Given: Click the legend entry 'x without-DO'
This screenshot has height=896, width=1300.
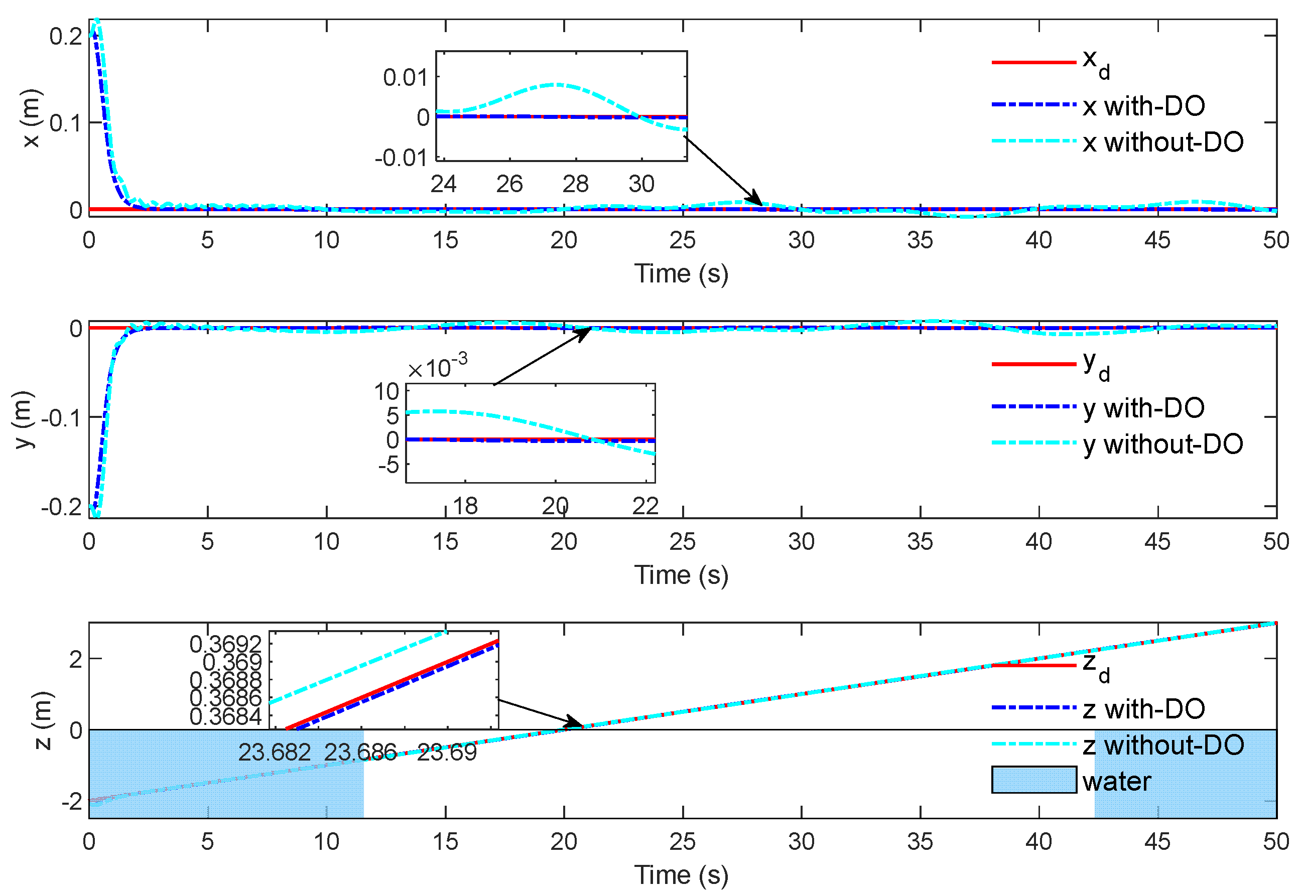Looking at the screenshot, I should [x=1162, y=142].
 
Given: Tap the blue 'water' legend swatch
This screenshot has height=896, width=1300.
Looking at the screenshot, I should [x=1033, y=780].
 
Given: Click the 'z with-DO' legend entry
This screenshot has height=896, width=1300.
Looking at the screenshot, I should [x=1143, y=709].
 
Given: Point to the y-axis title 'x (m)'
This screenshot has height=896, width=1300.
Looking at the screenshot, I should [x=32, y=118].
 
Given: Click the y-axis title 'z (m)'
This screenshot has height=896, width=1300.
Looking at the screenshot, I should [x=43, y=721].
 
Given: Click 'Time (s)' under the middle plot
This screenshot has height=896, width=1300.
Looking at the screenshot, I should [x=681, y=575].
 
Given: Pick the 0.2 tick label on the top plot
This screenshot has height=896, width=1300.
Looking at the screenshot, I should [x=66, y=37].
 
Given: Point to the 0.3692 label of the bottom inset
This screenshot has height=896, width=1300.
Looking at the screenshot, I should [x=225, y=644].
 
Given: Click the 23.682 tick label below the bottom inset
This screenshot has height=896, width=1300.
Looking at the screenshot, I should [x=274, y=753].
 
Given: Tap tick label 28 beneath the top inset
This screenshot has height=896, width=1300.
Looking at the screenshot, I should [x=575, y=184].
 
